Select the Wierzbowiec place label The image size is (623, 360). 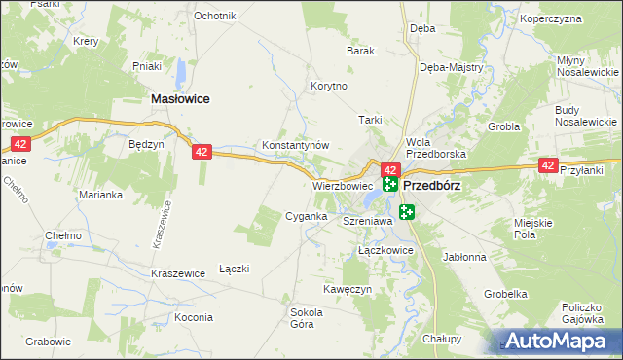(x=343, y=185)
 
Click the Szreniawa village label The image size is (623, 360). (x=367, y=222)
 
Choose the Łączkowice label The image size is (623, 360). (x=385, y=251)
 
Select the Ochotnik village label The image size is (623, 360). (x=214, y=17)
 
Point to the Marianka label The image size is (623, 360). (x=100, y=194)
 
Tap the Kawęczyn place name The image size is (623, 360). (x=348, y=289)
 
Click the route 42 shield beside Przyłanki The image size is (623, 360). (x=548, y=167)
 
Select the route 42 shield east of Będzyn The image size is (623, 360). (x=202, y=152)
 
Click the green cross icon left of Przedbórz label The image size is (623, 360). (x=390, y=184)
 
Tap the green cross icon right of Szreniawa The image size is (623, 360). (x=405, y=212)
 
